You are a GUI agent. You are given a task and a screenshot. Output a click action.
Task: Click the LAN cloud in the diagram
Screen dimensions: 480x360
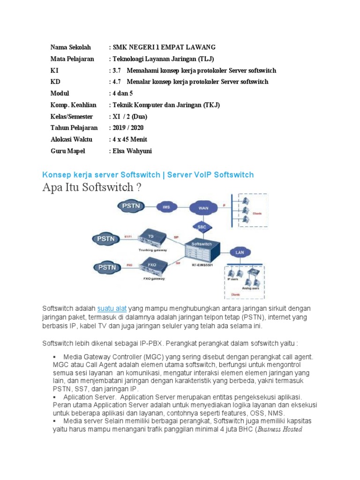click(x=240, y=252)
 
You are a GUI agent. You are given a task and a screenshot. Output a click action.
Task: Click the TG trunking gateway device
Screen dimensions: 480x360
click(x=151, y=237)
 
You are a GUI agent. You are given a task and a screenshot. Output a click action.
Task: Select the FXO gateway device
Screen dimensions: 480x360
click(x=151, y=265)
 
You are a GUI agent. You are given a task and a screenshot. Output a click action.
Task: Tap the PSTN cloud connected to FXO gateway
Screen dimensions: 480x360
click(x=107, y=267)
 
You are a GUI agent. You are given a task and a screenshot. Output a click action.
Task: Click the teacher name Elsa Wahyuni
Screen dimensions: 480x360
click(x=132, y=151)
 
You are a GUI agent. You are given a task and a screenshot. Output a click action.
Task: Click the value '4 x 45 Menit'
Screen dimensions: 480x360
click(x=129, y=139)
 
